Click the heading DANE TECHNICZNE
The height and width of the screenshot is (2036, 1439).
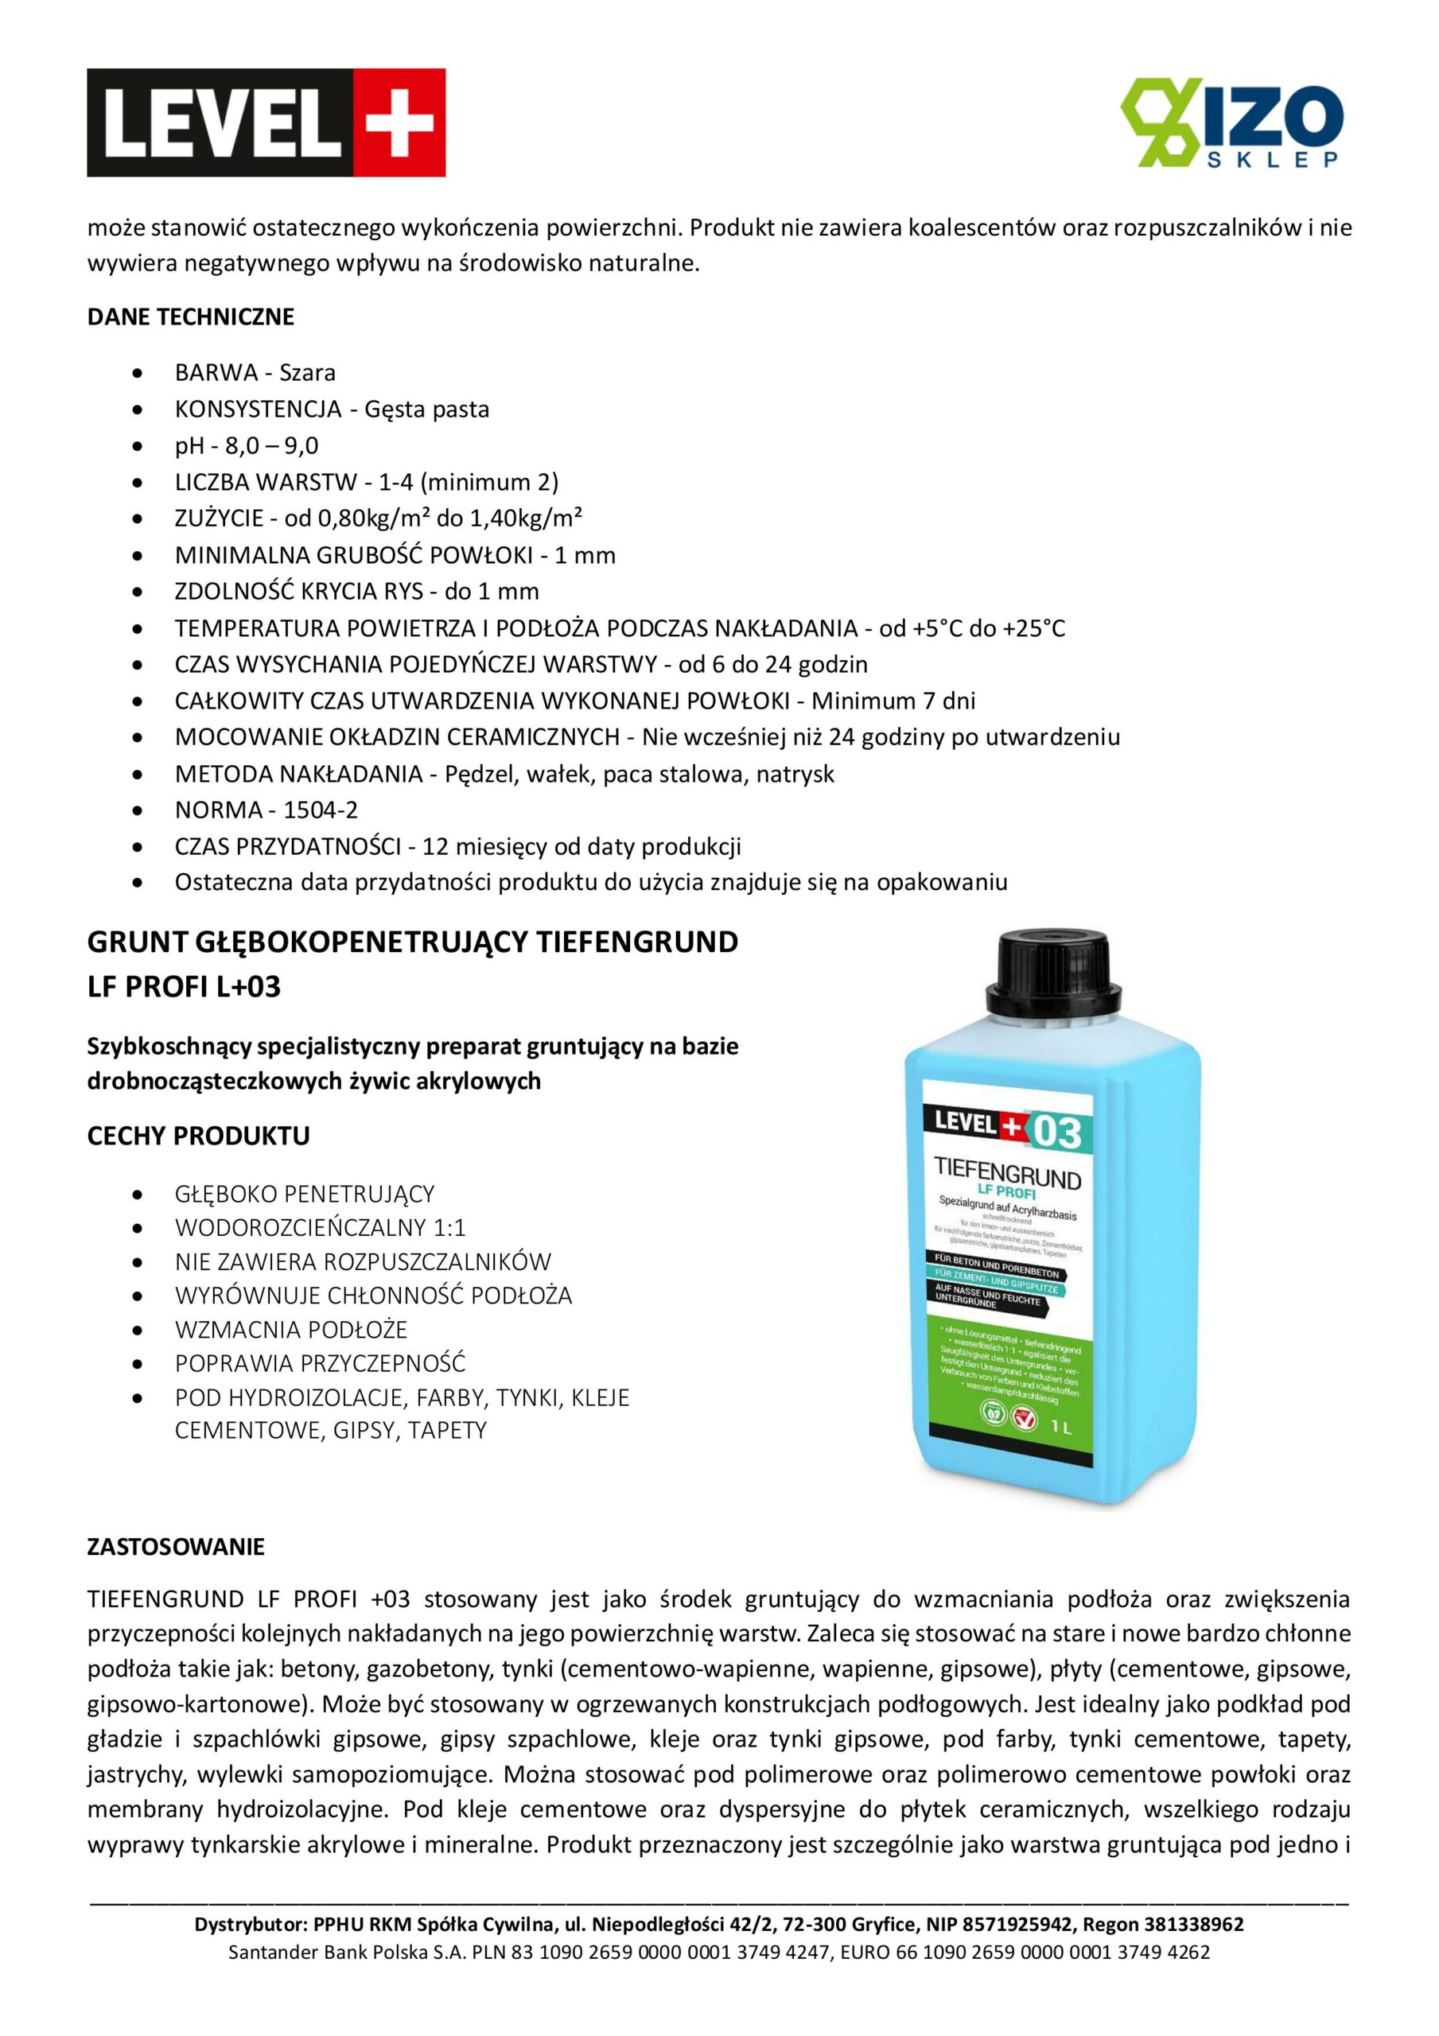pyautogui.click(x=191, y=317)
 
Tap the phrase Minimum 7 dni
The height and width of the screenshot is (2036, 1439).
pyautogui.click(x=893, y=701)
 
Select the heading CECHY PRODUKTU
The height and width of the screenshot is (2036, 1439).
pyautogui.click(x=199, y=1136)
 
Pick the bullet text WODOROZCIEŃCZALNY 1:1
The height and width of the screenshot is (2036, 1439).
pyautogui.click(x=321, y=1227)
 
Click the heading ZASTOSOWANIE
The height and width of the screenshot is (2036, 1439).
pyautogui.click(x=176, y=1547)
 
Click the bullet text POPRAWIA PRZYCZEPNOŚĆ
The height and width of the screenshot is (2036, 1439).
pyautogui.click(x=321, y=1363)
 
